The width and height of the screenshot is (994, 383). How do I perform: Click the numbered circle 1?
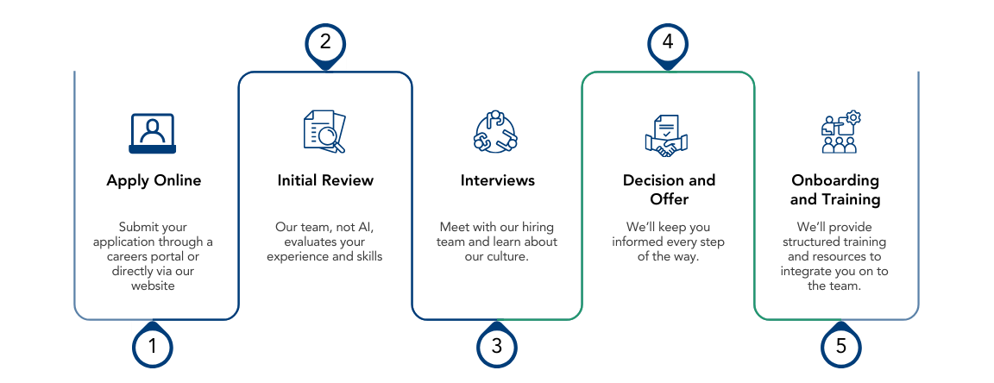(x=153, y=347)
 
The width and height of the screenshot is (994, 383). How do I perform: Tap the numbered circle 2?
(x=325, y=41)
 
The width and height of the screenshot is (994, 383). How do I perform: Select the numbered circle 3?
(x=497, y=347)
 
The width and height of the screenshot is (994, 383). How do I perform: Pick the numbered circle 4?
(x=668, y=41)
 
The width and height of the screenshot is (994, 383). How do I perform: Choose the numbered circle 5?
(x=840, y=347)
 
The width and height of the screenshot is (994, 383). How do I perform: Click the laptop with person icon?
(x=153, y=134)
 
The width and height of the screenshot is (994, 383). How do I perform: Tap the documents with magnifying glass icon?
(x=325, y=132)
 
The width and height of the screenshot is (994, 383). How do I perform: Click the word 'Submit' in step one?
(x=138, y=227)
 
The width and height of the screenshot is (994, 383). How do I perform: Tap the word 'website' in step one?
(x=153, y=286)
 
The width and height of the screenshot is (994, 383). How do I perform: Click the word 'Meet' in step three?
(x=454, y=227)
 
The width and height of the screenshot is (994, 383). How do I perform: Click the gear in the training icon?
(x=853, y=117)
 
